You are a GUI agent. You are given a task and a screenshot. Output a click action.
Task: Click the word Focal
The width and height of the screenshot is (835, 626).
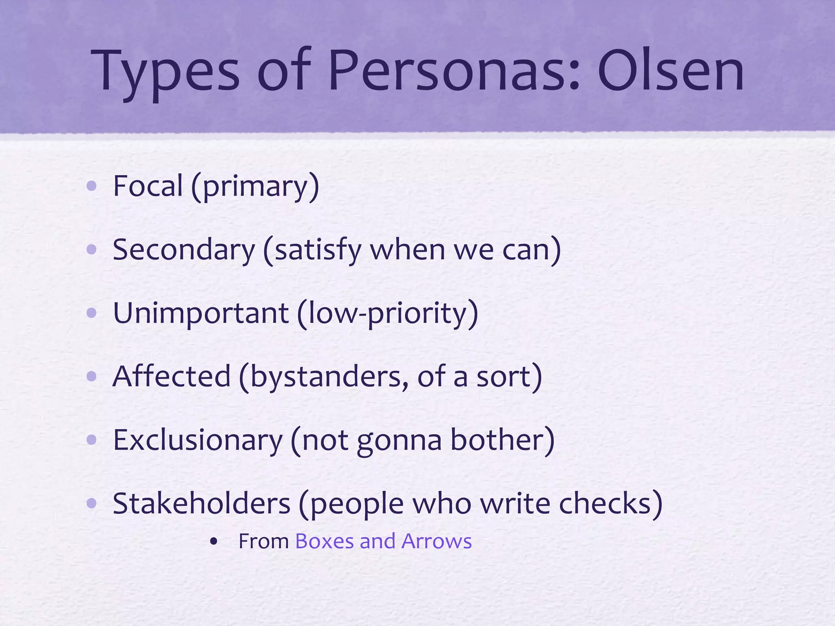pyautogui.click(x=148, y=186)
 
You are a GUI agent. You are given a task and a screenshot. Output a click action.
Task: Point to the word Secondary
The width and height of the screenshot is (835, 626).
pyautogui.click(x=183, y=249)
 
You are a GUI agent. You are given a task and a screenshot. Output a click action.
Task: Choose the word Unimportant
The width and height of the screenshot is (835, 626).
pyautogui.click(x=201, y=313)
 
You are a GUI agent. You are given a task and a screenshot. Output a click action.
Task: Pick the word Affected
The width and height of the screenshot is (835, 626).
pyautogui.click(x=172, y=376)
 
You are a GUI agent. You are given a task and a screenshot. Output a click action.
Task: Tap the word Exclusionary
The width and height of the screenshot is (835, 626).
pyautogui.click(x=198, y=440)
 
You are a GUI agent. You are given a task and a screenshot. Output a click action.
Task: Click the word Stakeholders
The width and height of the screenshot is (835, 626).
pyautogui.click(x=201, y=503)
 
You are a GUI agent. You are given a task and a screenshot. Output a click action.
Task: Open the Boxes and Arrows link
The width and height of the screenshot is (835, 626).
pyautogui.click(x=383, y=541)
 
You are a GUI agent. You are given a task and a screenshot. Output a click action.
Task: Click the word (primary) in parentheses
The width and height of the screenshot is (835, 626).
pyautogui.click(x=255, y=187)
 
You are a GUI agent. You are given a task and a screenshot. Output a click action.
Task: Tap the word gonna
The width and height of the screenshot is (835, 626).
pyautogui.click(x=399, y=441)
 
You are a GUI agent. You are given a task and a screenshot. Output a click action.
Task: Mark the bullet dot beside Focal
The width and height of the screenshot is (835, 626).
pyautogui.click(x=92, y=186)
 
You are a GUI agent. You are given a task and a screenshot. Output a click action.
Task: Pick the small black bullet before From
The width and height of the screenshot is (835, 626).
pyautogui.click(x=213, y=542)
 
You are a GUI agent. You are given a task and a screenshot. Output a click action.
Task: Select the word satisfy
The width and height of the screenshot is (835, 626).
pyautogui.click(x=318, y=250)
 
